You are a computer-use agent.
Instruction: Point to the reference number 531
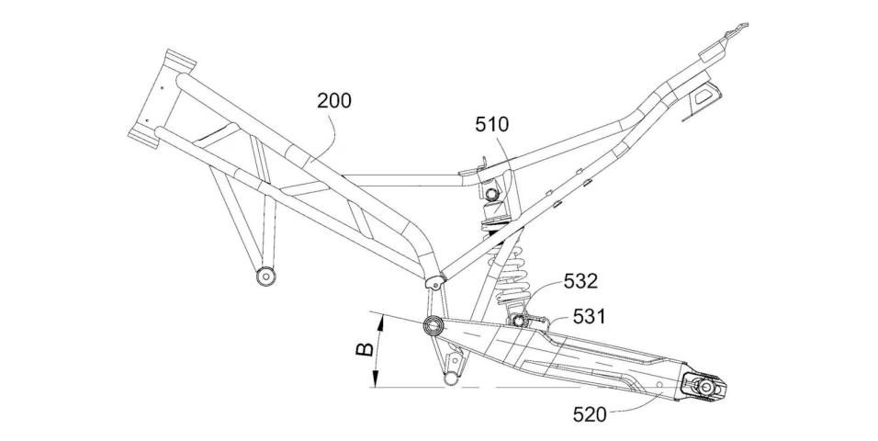591,317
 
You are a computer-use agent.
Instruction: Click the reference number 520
589,413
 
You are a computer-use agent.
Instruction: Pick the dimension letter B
363,350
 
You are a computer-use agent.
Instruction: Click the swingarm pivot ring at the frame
433,325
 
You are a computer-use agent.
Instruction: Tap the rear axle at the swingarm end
705,388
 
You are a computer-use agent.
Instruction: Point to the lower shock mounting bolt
519,320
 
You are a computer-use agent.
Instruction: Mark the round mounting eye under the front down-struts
267,275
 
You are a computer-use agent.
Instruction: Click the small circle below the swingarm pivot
451,379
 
